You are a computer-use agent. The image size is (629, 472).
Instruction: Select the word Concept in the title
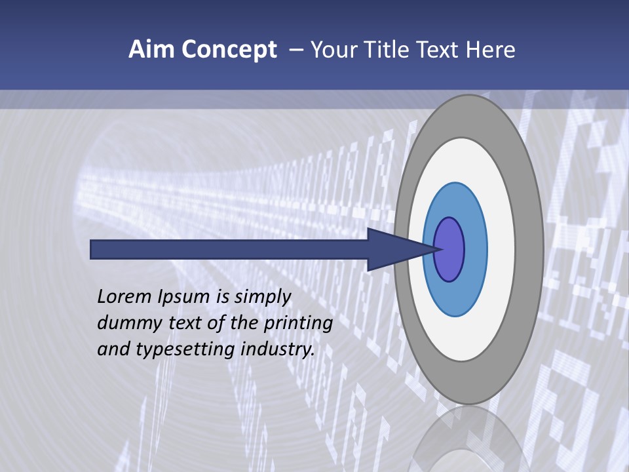click(229, 50)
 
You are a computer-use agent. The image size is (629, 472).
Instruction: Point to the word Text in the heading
click(439, 50)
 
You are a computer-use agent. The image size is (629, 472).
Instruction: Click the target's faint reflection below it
click(468, 439)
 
